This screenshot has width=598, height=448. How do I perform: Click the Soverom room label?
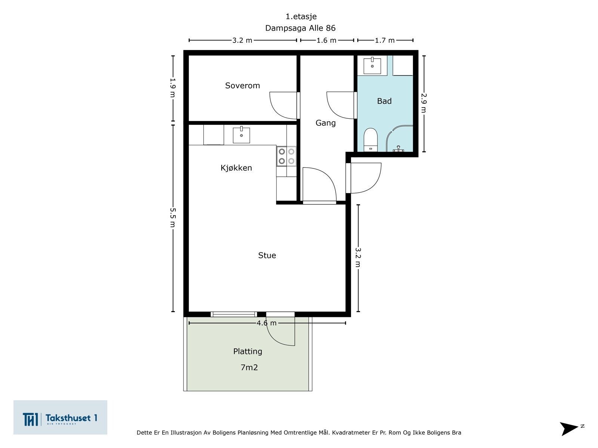click(242, 86)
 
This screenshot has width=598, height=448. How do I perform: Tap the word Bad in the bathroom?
click(384, 101)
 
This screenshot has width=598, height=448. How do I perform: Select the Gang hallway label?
click(325, 123)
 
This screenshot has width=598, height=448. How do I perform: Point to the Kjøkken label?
click(236, 168)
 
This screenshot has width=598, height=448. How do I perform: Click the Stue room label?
click(267, 255)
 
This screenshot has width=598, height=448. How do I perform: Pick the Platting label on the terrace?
click(247, 351)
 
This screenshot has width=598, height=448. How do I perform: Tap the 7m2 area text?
click(249, 367)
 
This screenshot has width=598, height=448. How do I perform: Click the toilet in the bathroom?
click(370, 140)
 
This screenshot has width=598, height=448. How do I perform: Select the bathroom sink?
click(372, 66)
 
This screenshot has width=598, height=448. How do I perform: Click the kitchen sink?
click(241, 135)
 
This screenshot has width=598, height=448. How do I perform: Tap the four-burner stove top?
click(286, 156)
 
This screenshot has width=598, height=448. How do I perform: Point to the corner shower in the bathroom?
click(400, 139)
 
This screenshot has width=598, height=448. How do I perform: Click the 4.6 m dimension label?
click(266, 323)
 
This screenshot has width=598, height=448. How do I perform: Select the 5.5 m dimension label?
click(173, 218)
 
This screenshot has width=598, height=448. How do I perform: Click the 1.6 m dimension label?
click(326, 41)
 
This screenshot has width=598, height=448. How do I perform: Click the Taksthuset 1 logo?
click(60, 417)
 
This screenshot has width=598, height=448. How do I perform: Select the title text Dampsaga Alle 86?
click(300, 28)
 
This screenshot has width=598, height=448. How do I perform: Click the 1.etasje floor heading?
click(301, 16)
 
